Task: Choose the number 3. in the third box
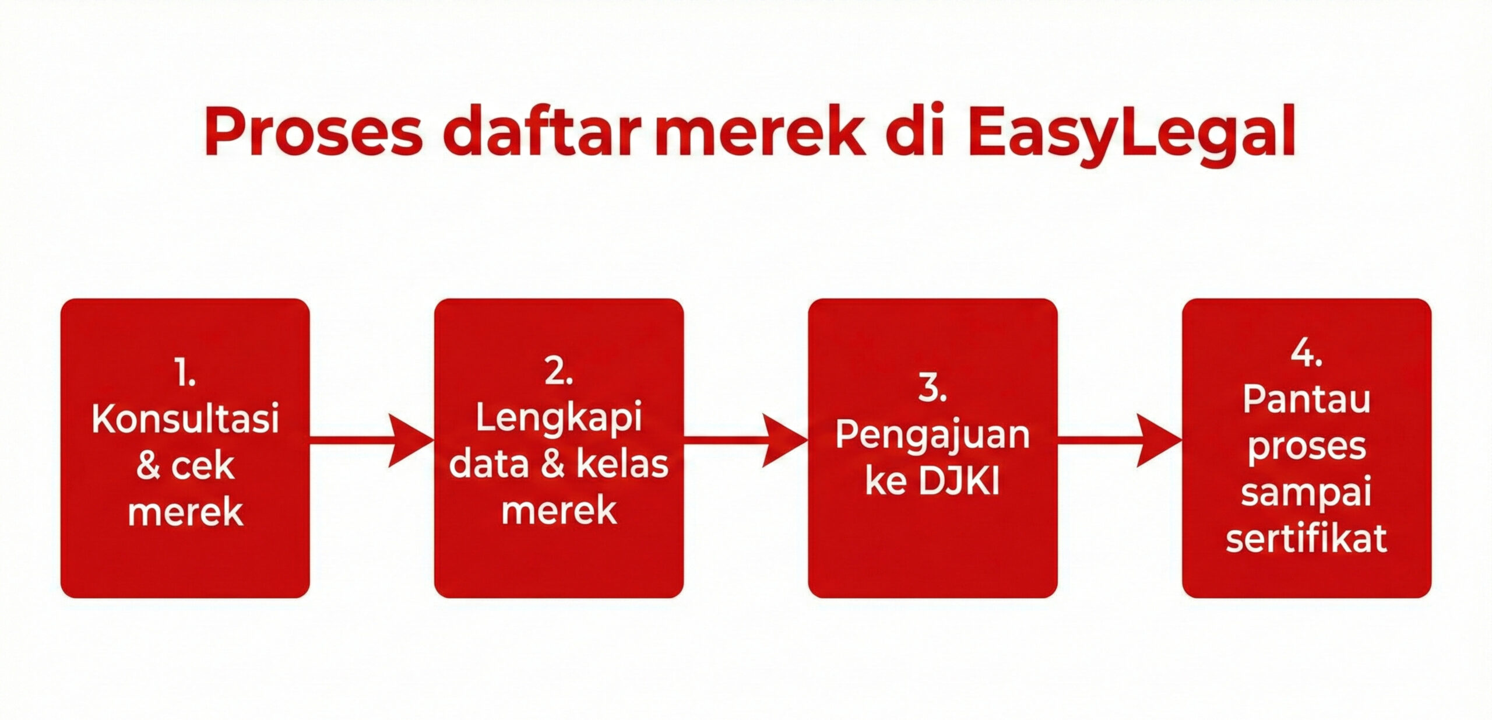pos(932,387)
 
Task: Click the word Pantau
pos(1307,401)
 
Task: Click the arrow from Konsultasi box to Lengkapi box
pos(372,441)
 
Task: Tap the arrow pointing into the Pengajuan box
pos(746,441)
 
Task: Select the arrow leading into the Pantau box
pos(1120,441)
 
